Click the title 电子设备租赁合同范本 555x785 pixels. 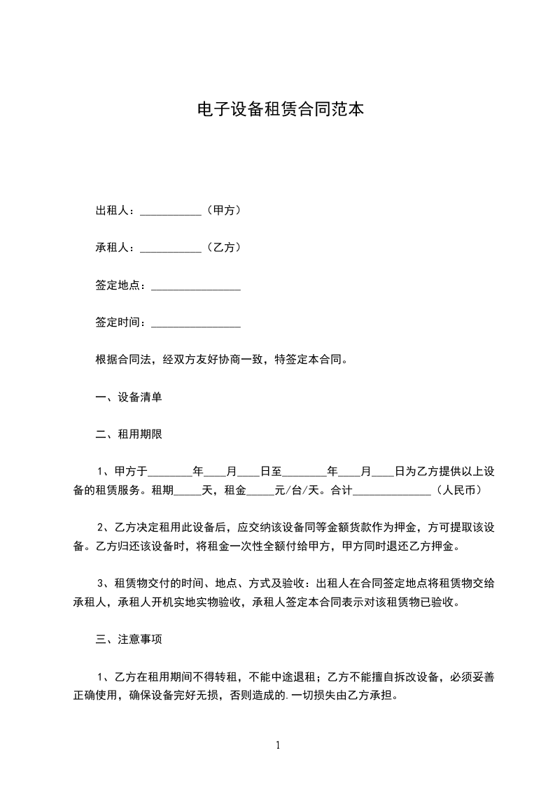pos(277,110)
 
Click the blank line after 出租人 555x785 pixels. pos(171,211)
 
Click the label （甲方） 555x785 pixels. pos(222,210)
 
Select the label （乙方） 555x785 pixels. pos(222,248)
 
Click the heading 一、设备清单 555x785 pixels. pos(129,397)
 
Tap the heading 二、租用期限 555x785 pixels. pos(129,434)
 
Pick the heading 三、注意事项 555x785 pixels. pos(129,639)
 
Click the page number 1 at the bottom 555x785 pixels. pos(278,745)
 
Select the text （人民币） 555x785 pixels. pos(457,490)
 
